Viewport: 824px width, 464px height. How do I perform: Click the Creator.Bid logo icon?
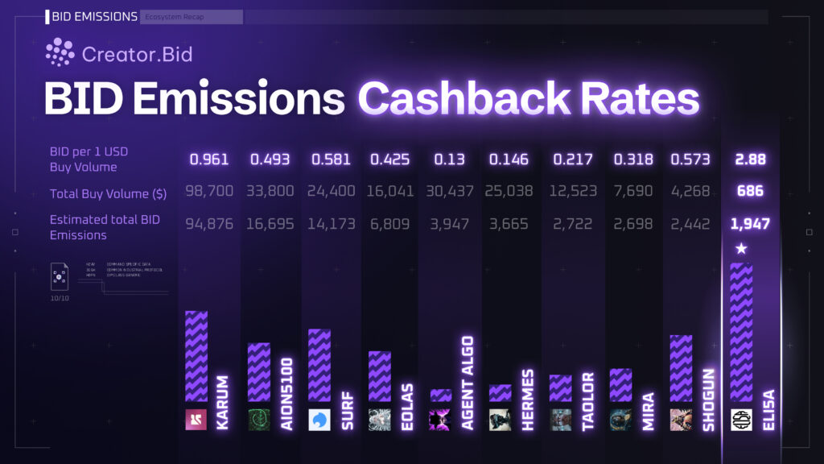pyautogui.click(x=60, y=53)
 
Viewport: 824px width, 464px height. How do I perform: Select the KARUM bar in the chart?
pyautogui.click(x=196, y=356)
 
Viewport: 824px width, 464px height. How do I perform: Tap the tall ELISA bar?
pyautogui.click(x=741, y=332)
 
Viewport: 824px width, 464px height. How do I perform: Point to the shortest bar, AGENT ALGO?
pyautogui.click(x=440, y=396)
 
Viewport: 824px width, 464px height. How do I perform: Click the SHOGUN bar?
pyautogui.click(x=681, y=368)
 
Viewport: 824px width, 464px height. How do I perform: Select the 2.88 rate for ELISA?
pyautogui.click(x=751, y=159)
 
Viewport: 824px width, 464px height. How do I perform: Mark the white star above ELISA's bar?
pyautogui.click(x=741, y=249)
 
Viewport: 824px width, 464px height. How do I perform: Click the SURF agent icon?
pyautogui.click(x=319, y=420)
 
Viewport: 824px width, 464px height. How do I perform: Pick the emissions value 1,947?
pyautogui.click(x=751, y=223)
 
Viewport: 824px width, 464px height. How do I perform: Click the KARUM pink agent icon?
pyautogui.click(x=196, y=420)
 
